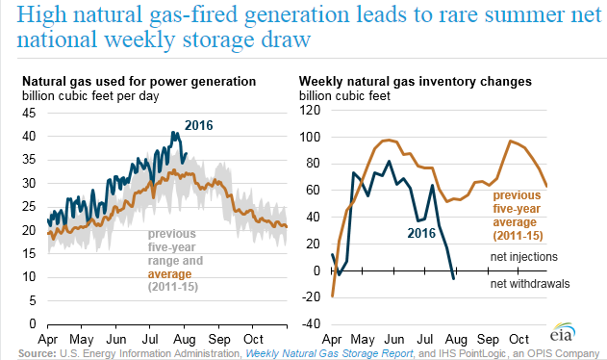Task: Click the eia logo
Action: tap(563, 333)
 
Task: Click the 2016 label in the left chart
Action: tap(198, 125)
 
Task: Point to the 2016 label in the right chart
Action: tap(421, 233)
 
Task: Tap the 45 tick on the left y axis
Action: tap(29, 114)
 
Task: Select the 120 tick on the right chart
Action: tap(310, 110)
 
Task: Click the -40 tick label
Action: tap(311, 323)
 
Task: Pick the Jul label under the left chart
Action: tap(150, 340)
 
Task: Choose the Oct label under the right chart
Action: tap(518, 340)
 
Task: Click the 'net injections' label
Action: tap(524, 257)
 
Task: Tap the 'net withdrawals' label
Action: tap(530, 284)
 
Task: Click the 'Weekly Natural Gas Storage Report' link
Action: tap(329, 354)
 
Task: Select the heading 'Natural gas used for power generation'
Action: tap(139, 82)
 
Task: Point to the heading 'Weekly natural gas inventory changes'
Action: tap(416, 82)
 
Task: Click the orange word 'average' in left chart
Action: tap(169, 274)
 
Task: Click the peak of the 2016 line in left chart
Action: tap(172, 133)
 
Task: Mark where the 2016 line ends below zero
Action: tap(453, 278)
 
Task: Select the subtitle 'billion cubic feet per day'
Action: tap(90, 96)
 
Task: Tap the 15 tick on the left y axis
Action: tap(29, 253)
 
